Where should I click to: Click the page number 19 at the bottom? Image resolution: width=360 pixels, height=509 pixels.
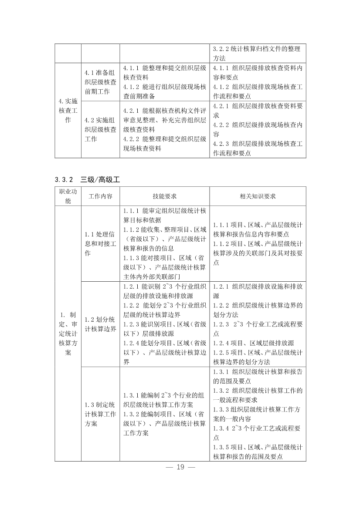pos(180,467)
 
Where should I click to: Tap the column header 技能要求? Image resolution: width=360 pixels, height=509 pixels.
pos(164,196)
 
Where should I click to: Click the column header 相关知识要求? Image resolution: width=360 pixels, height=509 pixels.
pos(258,196)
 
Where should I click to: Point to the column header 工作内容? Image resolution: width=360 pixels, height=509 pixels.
pos(100,196)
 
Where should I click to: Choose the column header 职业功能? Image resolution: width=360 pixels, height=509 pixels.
pos(68,196)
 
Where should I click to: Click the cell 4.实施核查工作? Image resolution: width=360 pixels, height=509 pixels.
pos(68,111)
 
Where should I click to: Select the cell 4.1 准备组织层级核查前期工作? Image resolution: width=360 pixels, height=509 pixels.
pos(100,82)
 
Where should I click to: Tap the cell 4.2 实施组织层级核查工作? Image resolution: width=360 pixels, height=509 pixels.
pos(100,129)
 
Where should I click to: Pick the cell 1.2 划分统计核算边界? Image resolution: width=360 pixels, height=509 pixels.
pos(100,324)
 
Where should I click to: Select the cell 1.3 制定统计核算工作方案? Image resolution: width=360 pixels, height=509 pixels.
pos(100,414)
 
